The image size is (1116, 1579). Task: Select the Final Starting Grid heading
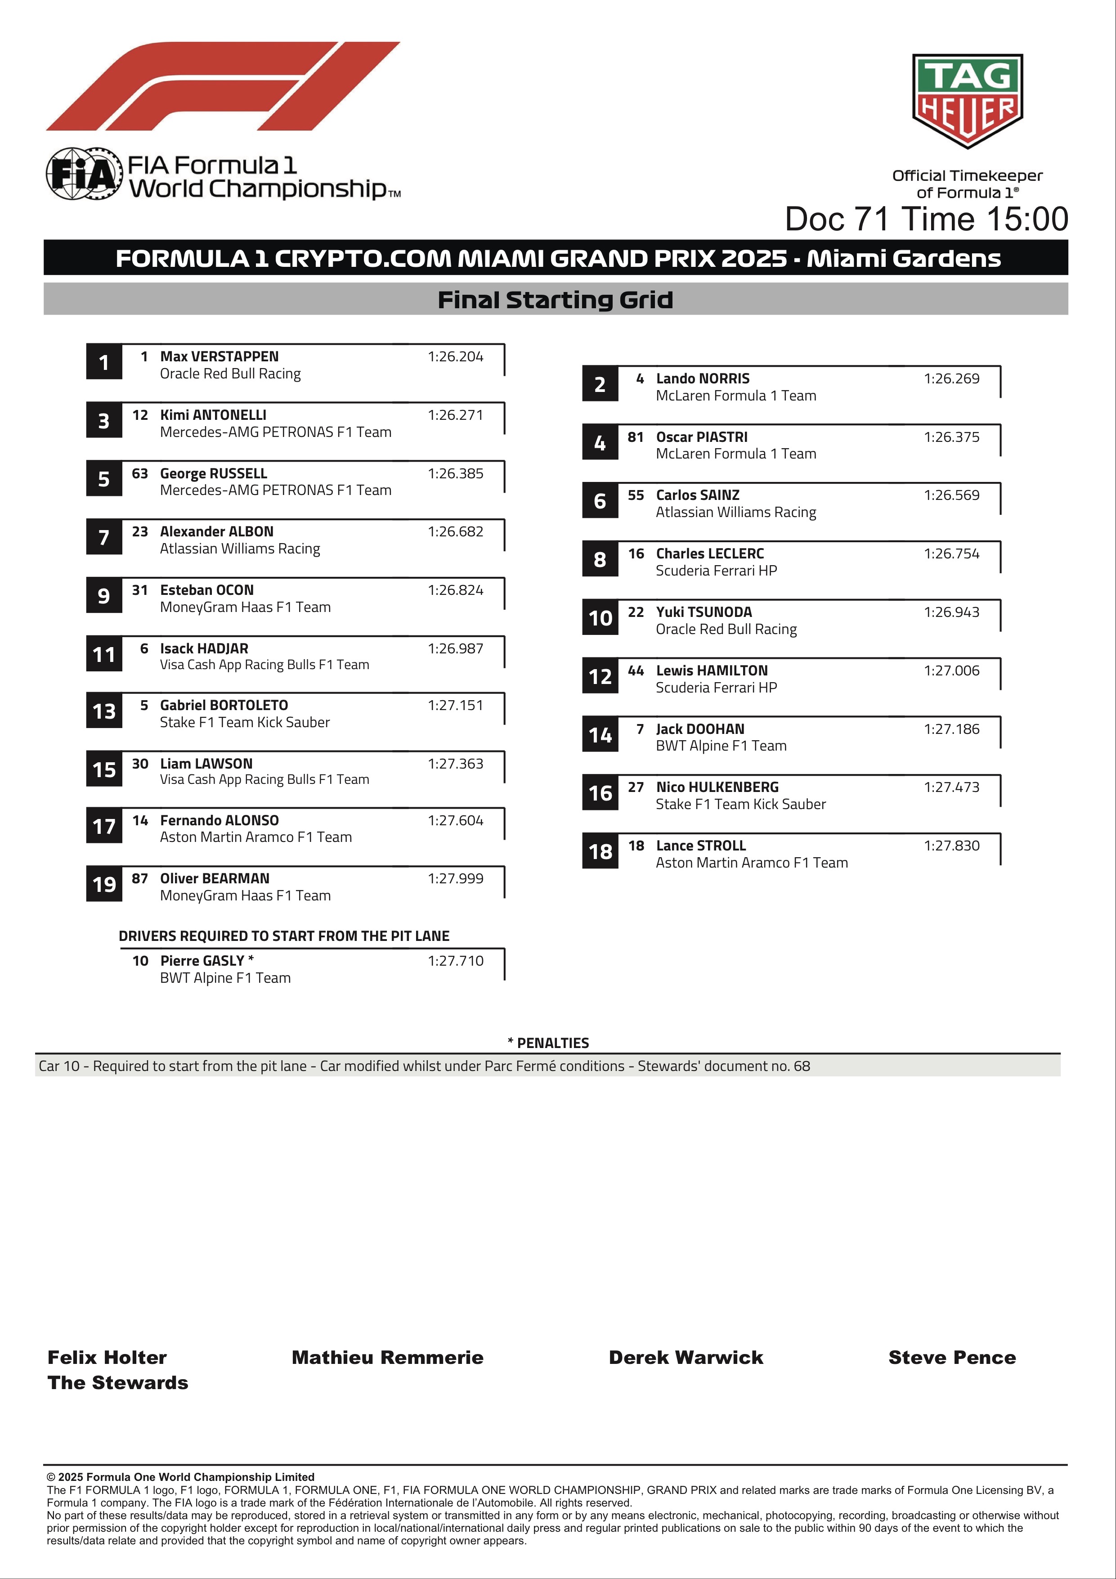[555, 300]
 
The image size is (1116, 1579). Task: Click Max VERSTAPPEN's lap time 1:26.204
[455, 356]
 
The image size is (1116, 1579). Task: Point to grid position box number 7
[104, 537]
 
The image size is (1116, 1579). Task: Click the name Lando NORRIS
[702, 378]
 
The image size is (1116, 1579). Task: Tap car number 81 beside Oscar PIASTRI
[635, 436]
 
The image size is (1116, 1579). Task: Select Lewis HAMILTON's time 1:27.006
[951, 670]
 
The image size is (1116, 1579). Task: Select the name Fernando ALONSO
[220, 820]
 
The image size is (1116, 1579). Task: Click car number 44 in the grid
[635, 670]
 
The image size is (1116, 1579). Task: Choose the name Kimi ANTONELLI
[213, 415]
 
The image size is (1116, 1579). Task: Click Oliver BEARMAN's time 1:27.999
[455, 878]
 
